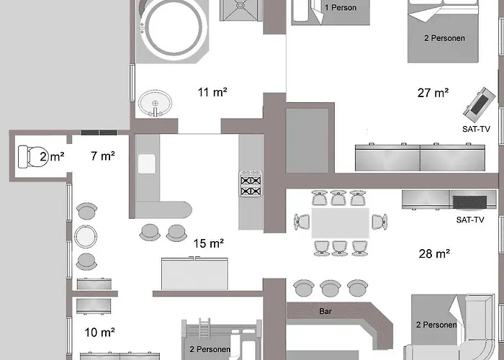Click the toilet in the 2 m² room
coord(32,156)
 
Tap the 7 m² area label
coord(103,156)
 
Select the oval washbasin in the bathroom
coord(156,103)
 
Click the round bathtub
coord(174,30)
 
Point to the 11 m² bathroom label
coord(212,92)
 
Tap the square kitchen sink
coord(147,164)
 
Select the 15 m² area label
coord(209,243)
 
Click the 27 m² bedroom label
coord(433,93)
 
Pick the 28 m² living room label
coord(434,253)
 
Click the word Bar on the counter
coord(325,311)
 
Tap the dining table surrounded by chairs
coord(340,222)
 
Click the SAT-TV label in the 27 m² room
coord(476,129)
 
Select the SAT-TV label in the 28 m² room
coord(470,220)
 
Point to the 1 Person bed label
coord(341,7)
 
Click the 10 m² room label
coord(99,332)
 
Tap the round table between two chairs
coord(86,237)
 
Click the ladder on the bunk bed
coord(204,328)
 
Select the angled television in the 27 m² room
coord(480,102)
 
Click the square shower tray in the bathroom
coord(241,9)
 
